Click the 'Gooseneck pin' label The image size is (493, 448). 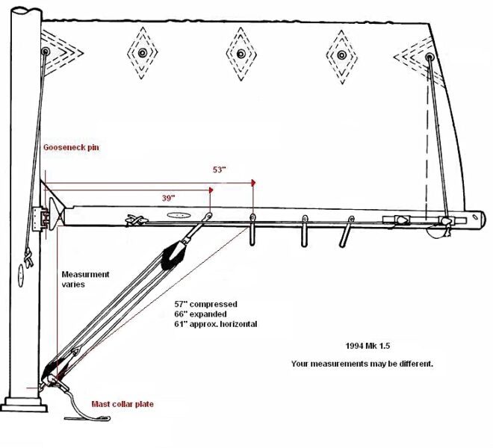(x=71, y=148)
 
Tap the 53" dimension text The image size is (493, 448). (x=219, y=170)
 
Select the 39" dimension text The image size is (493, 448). (x=169, y=198)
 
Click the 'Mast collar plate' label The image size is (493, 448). (x=123, y=404)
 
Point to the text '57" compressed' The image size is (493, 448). (x=206, y=305)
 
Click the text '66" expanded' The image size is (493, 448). (x=200, y=314)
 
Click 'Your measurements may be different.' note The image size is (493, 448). (x=362, y=364)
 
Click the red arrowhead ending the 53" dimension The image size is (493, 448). (x=254, y=182)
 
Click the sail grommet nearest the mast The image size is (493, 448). (x=46, y=52)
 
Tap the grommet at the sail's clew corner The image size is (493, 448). (x=429, y=57)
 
